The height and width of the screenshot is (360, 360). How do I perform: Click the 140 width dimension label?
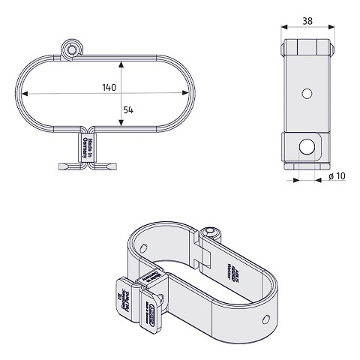point(110,86)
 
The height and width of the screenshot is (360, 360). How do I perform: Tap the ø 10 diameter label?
point(337,177)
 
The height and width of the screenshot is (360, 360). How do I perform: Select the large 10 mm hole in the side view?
point(307,145)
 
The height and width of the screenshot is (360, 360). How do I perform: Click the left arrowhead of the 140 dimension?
point(25,94)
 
